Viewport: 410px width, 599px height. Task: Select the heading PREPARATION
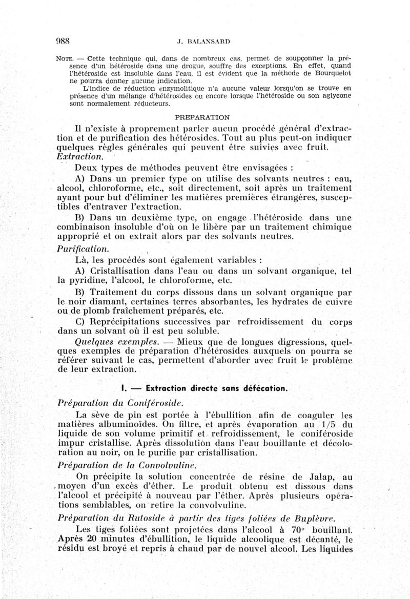[x=203, y=117]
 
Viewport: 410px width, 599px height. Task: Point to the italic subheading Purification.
[x=84, y=249]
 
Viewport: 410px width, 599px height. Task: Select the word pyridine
[x=82, y=280]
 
